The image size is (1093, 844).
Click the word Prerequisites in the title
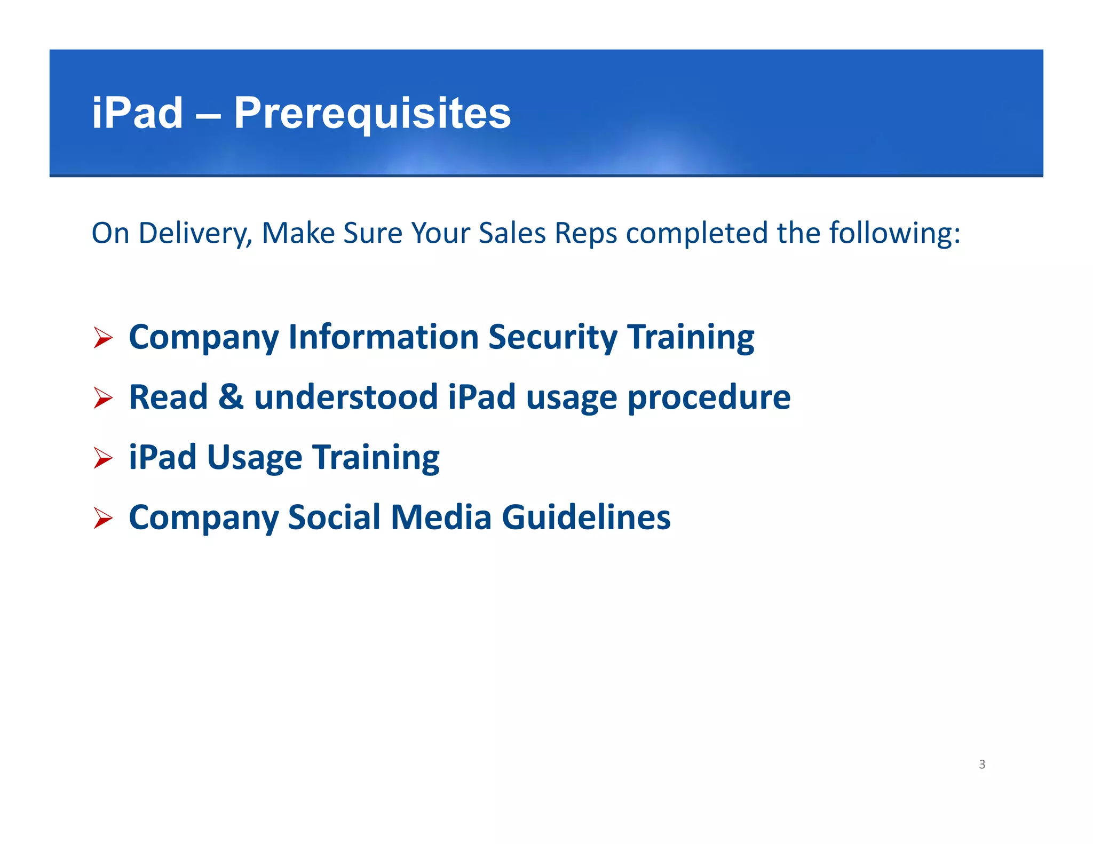coord(372,114)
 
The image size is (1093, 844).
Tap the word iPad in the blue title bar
coord(137,114)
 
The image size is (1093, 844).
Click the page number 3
coord(982,764)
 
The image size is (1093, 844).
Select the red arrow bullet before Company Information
coord(102,338)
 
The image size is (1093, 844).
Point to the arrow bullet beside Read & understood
coord(102,398)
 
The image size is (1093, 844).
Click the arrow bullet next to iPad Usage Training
coord(102,458)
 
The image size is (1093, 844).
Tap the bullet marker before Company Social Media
coord(102,518)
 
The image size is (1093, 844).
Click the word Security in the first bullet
coord(552,337)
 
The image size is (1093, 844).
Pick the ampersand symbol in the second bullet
coord(231,397)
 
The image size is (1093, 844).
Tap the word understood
coord(346,397)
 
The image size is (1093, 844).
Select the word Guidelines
coord(586,517)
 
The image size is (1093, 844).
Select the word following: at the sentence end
coord(895,234)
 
